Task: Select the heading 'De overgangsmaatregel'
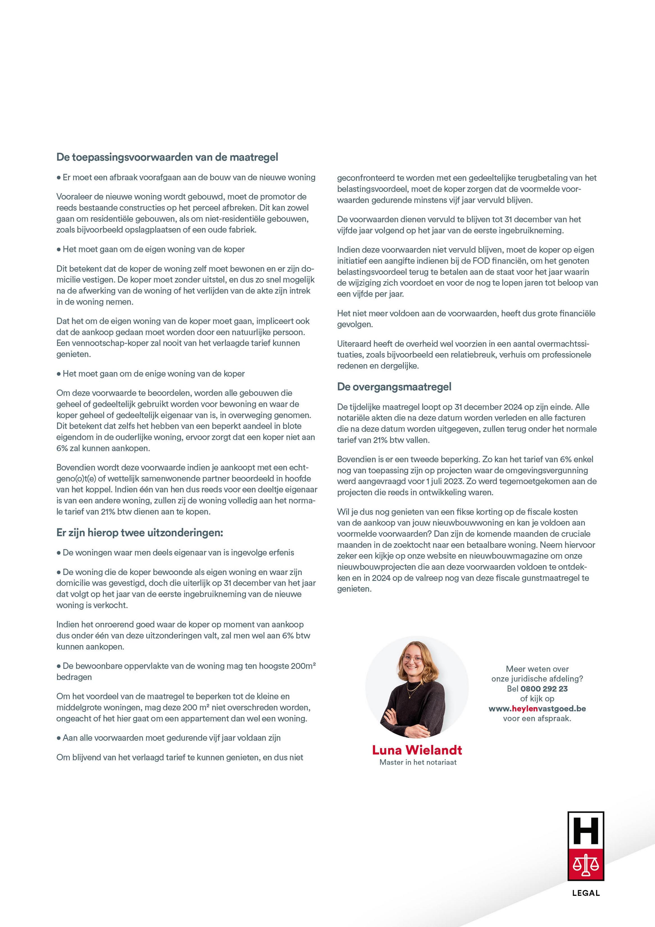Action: click(394, 387)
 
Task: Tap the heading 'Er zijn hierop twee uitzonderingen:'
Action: click(140, 533)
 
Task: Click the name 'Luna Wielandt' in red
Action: click(417, 750)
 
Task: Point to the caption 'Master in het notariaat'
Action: click(418, 762)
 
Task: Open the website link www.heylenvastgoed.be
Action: click(537, 708)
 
